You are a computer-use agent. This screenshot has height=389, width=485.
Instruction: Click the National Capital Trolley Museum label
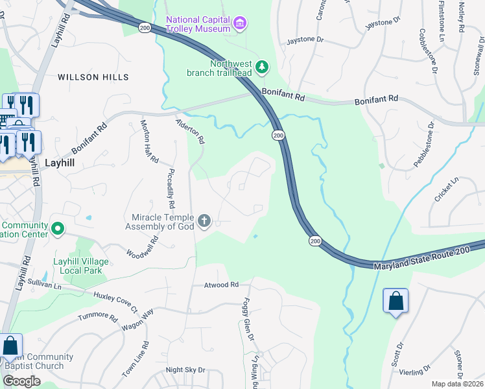coord(198,24)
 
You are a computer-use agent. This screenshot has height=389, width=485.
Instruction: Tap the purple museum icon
coord(241,24)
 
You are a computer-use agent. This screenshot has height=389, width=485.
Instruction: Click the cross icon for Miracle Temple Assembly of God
coord(204,222)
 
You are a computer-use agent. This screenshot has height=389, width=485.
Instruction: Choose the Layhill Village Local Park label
coord(77,266)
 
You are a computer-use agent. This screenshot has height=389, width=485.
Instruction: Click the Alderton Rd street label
coord(191,131)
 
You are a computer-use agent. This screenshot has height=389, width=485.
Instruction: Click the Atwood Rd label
coord(221,285)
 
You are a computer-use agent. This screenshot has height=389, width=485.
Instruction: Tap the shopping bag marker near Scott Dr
coord(396,301)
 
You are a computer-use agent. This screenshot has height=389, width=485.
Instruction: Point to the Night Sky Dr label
coord(185,370)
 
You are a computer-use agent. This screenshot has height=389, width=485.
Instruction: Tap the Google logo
coord(21,381)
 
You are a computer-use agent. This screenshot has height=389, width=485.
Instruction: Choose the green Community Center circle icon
coord(58,228)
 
